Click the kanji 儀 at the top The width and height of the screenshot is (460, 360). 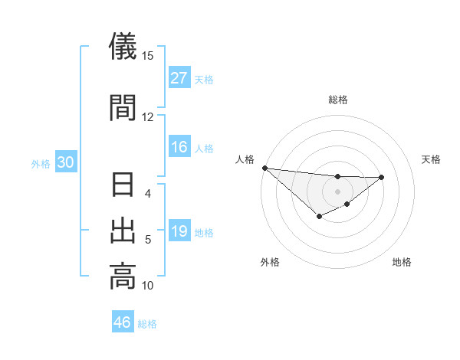[x=123, y=47]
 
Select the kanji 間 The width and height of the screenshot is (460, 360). [x=123, y=107]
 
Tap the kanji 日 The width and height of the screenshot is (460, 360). [x=123, y=187]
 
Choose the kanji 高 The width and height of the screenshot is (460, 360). [x=123, y=276]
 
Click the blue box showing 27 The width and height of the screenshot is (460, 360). [x=179, y=78]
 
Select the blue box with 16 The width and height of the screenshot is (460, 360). [x=179, y=147]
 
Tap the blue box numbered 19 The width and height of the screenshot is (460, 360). [x=179, y=232]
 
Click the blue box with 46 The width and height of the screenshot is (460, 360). [x=123, y=322]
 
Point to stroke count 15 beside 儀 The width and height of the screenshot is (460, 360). [x=148, y=56]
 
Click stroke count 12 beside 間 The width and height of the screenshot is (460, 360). [x=148, y=116]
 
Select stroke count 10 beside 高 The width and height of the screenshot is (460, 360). [x=148, y=286]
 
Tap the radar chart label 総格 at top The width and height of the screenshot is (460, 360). [x=337, y=100]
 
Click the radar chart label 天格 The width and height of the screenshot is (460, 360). [x=432, y=159]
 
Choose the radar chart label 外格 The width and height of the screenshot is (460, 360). [x=270, y=263]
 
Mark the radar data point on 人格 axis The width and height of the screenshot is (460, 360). [x=264, y=168]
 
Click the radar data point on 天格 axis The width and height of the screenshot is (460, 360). [x=382, y=177]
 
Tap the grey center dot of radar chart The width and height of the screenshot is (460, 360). [x=337, y=191]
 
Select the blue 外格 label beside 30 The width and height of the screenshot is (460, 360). [x=40, y=164]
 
